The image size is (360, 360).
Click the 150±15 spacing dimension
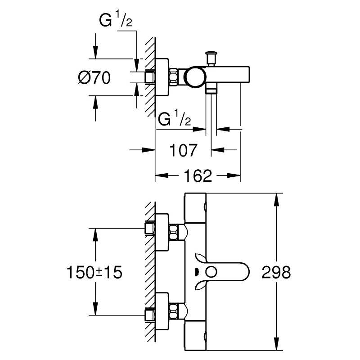click(x=94, y=273)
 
